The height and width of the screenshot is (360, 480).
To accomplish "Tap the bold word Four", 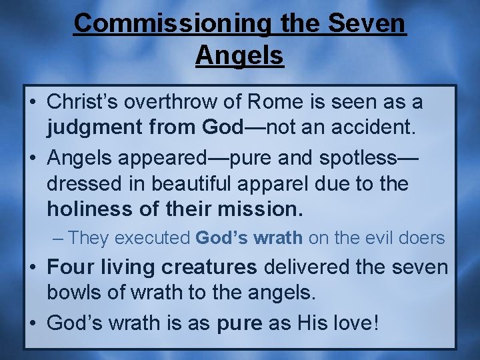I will coord(69,267).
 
